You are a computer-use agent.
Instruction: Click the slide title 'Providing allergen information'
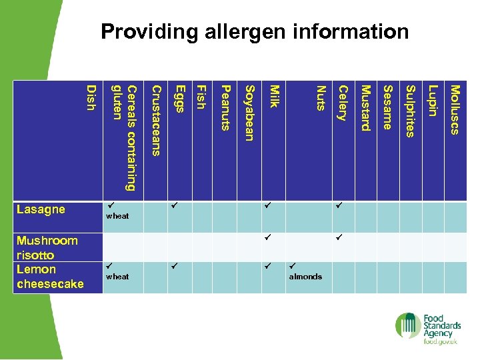click(x=255, y=31)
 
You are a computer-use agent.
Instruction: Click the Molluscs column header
click(x=455, y=109)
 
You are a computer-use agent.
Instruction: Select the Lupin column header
click(x=433, y=101)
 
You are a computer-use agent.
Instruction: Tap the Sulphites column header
click(x=411, y=111)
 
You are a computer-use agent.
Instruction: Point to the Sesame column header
click(x=388, y=107)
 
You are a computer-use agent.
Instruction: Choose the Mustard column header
click(x=365, y=108)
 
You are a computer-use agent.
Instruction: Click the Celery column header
click(x=343, y=103)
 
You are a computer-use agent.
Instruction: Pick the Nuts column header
click(x=321, y=98)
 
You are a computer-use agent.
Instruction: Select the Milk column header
click(x=273, y=96)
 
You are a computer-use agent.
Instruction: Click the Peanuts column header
click(x=225, y=108)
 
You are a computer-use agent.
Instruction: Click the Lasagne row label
click(x=41, y=209)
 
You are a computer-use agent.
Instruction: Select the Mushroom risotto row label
click(x=47, y=247)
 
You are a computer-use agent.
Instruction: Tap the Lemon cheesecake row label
click(x=50, y=277)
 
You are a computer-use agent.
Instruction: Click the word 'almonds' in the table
click(x=305, y=277)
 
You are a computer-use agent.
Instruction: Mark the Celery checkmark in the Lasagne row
click(x=339, y=207)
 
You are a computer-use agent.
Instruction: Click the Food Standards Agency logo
click(x=427, y=328)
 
